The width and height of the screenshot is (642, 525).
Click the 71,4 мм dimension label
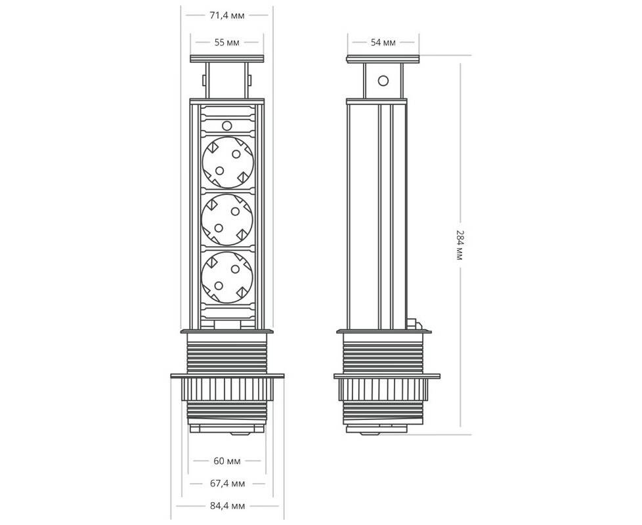(x=227, y=16)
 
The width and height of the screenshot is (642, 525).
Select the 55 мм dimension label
(x=227, y=42)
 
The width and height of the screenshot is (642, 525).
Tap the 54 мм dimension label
(x=383, y=42)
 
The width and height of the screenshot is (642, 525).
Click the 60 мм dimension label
(x=227, y=461)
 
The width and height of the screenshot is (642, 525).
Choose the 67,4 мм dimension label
(x=227, y=483)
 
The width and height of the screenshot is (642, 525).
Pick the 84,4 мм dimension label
(x=227, y=506)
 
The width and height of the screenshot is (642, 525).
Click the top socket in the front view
(x=228, y=162)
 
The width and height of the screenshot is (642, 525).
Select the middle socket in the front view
(x=228, y=220)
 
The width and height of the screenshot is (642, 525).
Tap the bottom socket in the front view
(x=228, y=277)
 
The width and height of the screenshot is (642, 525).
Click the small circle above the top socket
(x=227, y=125)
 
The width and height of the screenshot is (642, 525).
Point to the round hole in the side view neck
(x=383, y=81)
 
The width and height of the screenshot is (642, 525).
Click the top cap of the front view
(x=227, y=58)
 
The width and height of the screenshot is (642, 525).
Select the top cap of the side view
(x=383, y=58)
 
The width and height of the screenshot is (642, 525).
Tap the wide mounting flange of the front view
(x=227, y=375)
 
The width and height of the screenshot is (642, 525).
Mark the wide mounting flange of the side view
(x=387, y=376)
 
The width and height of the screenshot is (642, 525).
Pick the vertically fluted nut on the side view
(x=383, y=390)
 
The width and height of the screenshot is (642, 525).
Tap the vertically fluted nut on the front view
(x=227, y=390)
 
